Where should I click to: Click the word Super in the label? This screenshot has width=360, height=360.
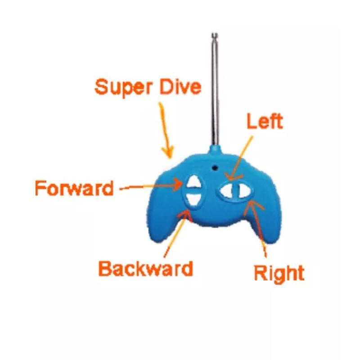click(123, 88)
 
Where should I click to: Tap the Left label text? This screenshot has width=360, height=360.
click(265, 121)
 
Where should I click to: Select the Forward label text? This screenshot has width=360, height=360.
click(74, 188)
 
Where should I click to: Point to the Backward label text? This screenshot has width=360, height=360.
click(145, 268)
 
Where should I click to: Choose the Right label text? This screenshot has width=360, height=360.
click(279, 273)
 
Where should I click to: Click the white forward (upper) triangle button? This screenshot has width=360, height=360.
click(194, 182)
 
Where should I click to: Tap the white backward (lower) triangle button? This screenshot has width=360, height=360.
click(194, 199)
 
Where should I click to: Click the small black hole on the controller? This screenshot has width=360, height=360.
click(215, 168)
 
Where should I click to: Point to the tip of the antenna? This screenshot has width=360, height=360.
click(215, 34)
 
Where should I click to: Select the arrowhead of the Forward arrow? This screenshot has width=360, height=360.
click(179, 184)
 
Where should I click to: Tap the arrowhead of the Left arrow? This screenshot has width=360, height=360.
click(231, 177)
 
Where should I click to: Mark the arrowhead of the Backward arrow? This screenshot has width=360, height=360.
click(186, 213)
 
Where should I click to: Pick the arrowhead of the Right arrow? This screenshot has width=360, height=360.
click(252, 204)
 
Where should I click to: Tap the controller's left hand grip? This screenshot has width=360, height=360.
click(162, 220)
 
